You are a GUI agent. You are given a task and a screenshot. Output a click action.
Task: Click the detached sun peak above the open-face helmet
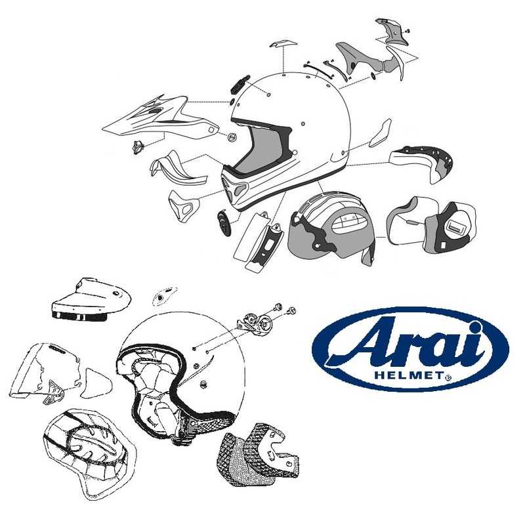(x=89, y=302)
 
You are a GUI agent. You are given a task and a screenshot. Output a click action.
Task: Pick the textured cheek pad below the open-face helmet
(x=253, y=456)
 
